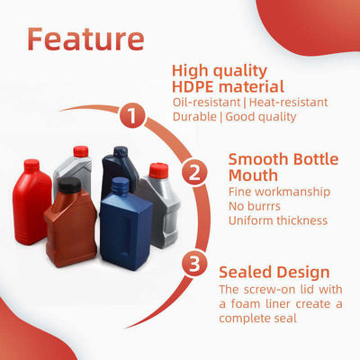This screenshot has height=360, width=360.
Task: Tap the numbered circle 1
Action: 132,115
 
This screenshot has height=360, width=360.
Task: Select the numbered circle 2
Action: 191,171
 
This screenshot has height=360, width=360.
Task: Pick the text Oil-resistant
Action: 205,102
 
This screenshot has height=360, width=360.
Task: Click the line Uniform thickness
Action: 277,220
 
